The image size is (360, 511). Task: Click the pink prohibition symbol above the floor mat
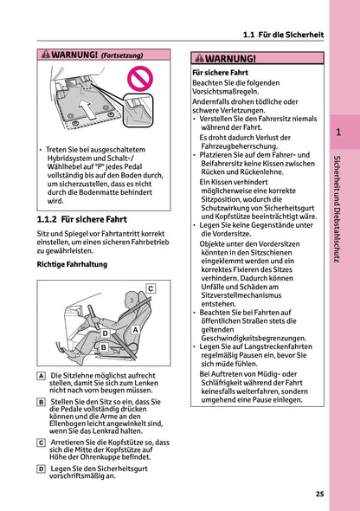click(x=140, y=79)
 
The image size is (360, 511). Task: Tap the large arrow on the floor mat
click(x=87, y=108)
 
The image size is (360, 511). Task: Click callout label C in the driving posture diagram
click(x=151, y=288)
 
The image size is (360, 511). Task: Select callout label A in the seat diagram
click(x=135, y=330)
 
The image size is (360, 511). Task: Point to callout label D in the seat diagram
click(x=105, y=333)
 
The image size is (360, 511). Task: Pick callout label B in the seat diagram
click(x=104, y=347)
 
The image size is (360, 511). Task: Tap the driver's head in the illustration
click(x=132, y=299)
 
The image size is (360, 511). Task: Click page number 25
click(x=320, y=494)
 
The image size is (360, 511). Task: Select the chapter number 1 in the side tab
click(x=338, y=132)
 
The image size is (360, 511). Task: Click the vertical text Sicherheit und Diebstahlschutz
click(x=337, y=209)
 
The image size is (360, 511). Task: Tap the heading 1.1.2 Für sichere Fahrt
click(x=81, y=219)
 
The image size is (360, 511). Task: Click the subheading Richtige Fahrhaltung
click(x=72, y=264)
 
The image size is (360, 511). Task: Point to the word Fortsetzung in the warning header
click(x=122, y=55)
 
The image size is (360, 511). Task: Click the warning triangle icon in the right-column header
click(x=199, y=58)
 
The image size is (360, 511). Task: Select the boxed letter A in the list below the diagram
click(x=41, y=376)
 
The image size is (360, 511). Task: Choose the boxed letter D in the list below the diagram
click(x=41, y=469)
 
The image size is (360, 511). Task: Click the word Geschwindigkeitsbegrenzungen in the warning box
click(x=254, y=338)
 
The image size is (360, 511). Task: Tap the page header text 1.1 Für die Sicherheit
click(x=284, y=35)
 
